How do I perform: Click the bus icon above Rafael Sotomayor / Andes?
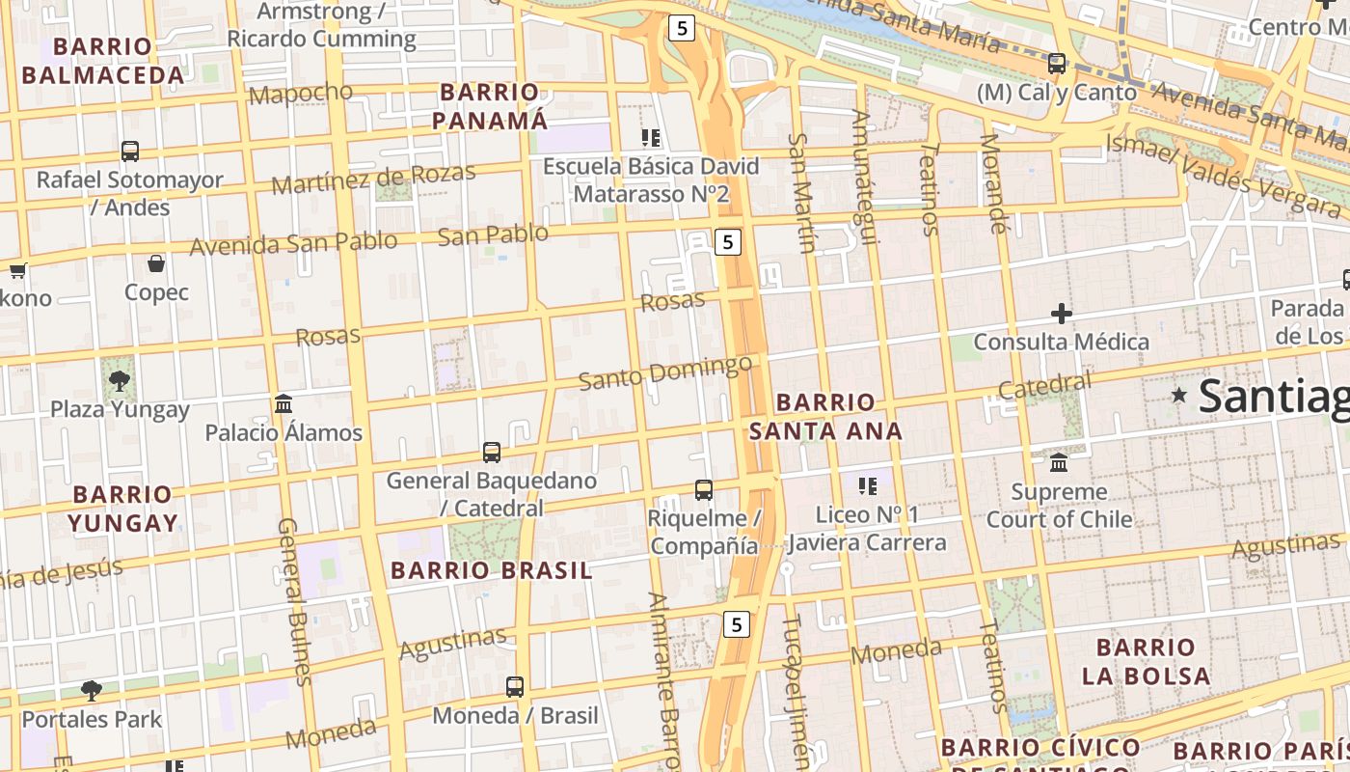pyautogui.click(x=130, y=152)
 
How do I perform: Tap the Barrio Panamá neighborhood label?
pyautogui.click(x=489, y=106)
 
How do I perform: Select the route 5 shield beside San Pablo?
pyautogui.click(x=728, y=242)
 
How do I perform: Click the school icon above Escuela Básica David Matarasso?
pyautogui.click(x=651, y=138)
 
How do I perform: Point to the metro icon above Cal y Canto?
pyautogui.click(x=1057, y=64)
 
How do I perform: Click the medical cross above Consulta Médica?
pyautogui.click(x=1062, y=314)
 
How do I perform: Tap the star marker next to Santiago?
pyautogui.click(x=1178, y=396)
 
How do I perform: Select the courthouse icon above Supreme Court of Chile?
pyautogui.click(x=1059, y=463)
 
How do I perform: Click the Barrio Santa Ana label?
pyautogui.click(x=825, y=416)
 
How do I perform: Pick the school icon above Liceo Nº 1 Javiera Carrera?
pyautogui.click(x=867, y=485)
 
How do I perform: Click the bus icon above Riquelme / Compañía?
pyautogui.click(x=704, y=490)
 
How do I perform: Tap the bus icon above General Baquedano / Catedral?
pyautogui.click(x=492, y=452)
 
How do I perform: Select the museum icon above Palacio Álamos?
pyautogui.click(x=283, y=403)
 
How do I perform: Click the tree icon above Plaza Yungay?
pyautogui.click(x=120, y=380)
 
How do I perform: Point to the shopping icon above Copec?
pyautogui.click(x=156, y=263)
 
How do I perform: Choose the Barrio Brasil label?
pyautogui.click(x=492, y=570)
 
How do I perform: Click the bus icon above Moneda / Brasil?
pyautogui.click(x=515, y=687)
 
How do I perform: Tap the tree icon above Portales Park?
pyautogui.click(x=92, y=691)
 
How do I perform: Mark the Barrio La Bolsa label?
pyautogui.click(x=1146, y=661)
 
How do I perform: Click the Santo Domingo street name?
pyautogui.click(x=665, y=372)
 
